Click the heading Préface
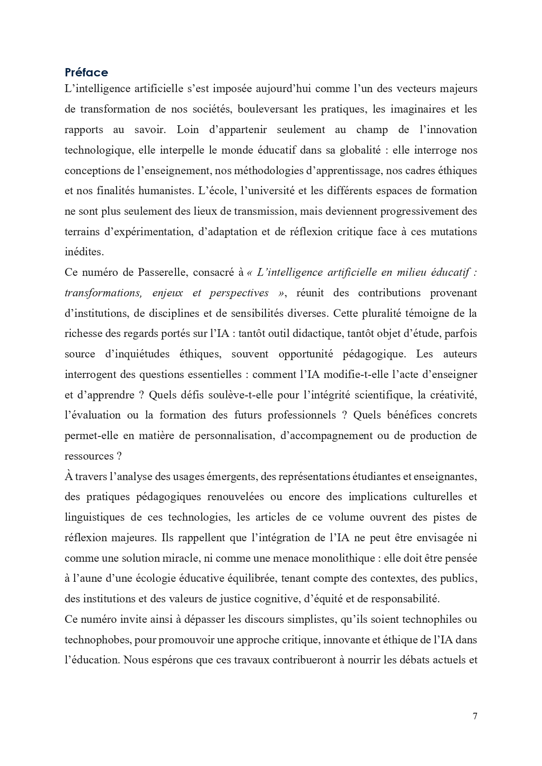[86, 72]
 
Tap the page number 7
[475, 716]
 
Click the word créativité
[453, 395]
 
